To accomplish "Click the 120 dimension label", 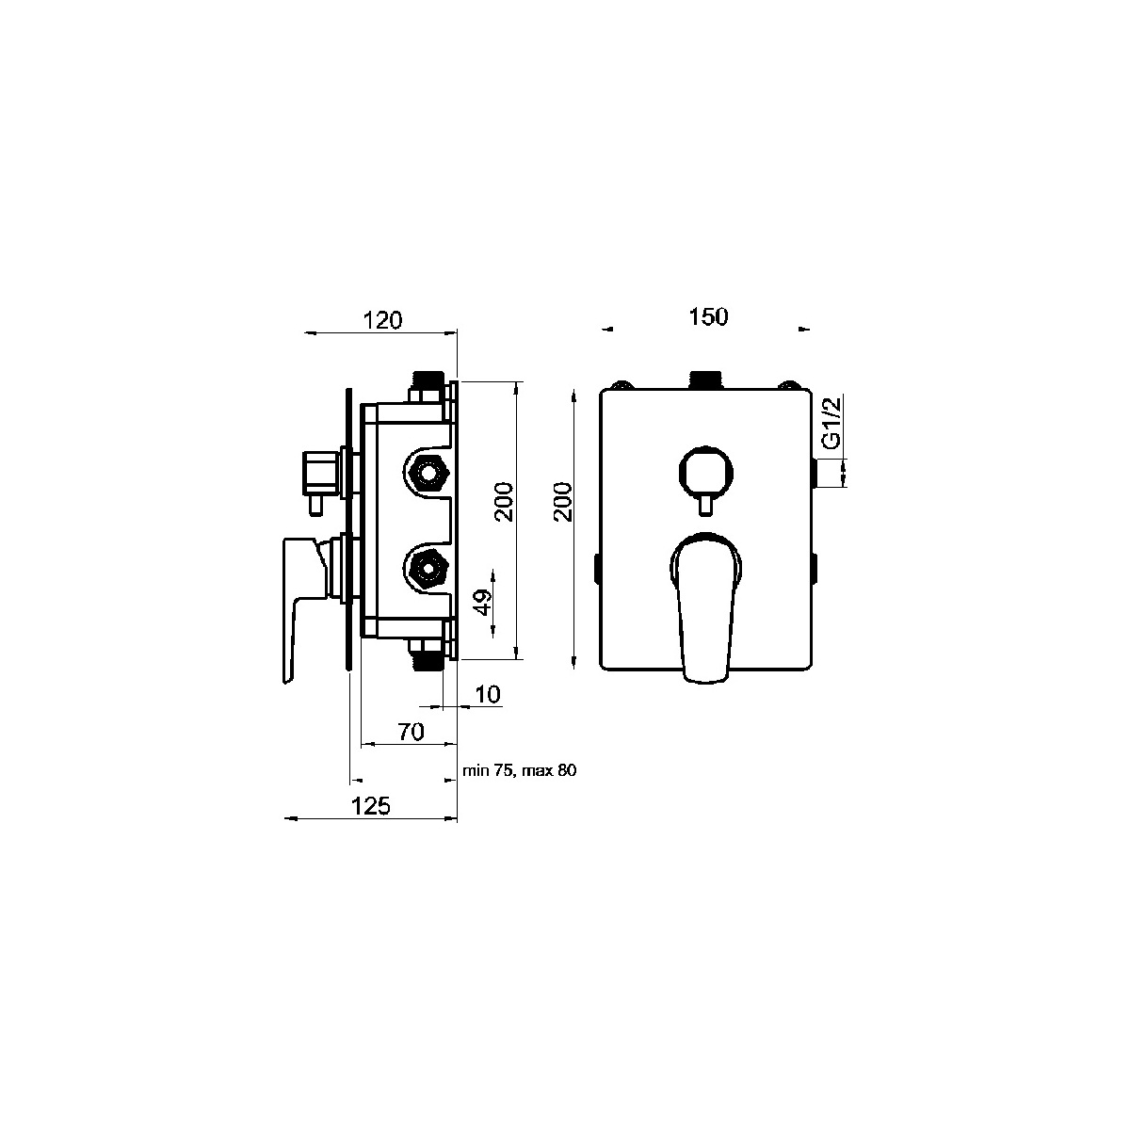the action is [x=383, y=321].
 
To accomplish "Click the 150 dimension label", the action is [x=708, y=316].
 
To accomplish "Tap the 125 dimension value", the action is [x=371, y=806].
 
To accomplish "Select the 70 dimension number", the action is [x=412, y=732].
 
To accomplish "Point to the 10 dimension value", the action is [x=487, y=694].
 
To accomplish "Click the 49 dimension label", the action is [x=484, y=602].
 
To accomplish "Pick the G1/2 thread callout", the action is [x=831, y=423].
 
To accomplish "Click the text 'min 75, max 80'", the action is [x=520, y=770].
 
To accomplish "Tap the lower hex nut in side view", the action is [x=427, y=568].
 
